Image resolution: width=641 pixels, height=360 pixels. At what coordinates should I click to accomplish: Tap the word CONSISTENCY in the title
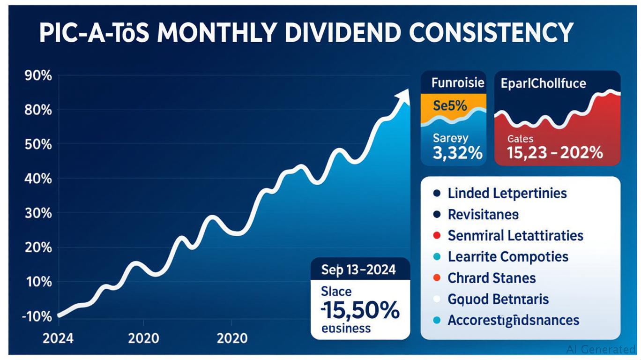pyautogui.click(x=492, y=33)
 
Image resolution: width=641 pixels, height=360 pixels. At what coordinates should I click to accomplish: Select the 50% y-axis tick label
pyautogui.click(x=37, y=144)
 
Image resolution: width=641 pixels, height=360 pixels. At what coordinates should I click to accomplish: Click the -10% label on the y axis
pyautogui.click(x=37, y=317)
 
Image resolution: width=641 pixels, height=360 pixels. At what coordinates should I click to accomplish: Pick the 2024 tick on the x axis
pyautogui.click(x=58, y=338)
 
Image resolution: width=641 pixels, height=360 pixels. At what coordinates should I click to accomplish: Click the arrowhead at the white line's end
pyautogui.click(x=402, y=97)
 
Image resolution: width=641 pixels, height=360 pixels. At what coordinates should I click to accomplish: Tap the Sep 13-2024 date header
pyautogui.click(x=358, y=270)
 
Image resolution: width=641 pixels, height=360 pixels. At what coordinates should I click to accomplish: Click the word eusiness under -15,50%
pyautogui.click(x=346, y=328)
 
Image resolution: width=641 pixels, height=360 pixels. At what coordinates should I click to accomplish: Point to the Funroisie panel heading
pyautogui.click(x=457, y=83)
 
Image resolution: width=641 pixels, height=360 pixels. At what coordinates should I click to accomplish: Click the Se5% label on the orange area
pyautogui.click(x=450, y=105)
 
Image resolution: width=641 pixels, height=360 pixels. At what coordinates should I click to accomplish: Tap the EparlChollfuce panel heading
pyautogui.click(x=543, y=83)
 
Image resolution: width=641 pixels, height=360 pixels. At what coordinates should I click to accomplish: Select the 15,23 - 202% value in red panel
pyautogui.click(x=555, y=152)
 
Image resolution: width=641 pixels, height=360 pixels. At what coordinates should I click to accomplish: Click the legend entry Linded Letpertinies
pyautogui.click(x=507, y=193)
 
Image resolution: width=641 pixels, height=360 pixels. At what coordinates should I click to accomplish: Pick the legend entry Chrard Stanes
pyautogui.click(x=492, y=278)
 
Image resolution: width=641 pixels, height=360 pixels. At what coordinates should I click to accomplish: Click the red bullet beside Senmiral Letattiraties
pyautogui.click(x=437, y=235)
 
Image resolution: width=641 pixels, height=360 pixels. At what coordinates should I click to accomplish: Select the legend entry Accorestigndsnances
pyautogui.click(x=513, y=321)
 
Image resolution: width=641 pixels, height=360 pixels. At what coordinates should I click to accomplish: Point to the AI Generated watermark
pyautogui.click(x=601, y=349)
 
